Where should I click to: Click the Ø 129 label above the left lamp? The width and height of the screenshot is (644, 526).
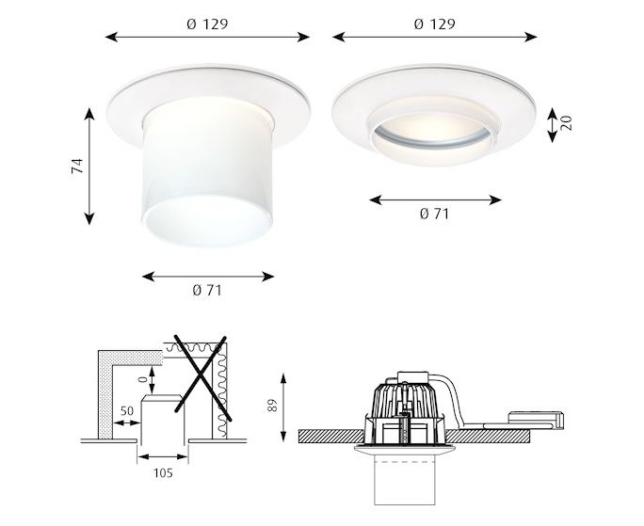pyautogui.click(x=207, y=24)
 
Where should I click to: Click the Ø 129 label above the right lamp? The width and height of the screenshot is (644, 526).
pyautogui.click(x=435, y=24)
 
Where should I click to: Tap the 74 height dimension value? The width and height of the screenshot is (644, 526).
pyautogui.click(x=77, y=166)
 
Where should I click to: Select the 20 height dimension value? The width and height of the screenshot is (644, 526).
pyautogui.click(x=566, y=123)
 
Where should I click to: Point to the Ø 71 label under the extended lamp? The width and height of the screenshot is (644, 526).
pyautogui.click(x=207, y=291)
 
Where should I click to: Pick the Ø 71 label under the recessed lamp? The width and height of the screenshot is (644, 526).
pyautogui.click(x=435, y=214)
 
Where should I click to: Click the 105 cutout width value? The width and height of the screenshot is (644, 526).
pyautogui.click(x=163, y=473)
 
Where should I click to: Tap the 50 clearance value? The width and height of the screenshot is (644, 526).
pyautogui.click(x=127, y=410)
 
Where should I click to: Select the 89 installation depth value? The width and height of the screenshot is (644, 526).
pyautogui.click(x=273, y=406)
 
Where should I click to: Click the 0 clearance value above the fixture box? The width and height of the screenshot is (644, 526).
pyautogui.click(x=142, y=379)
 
